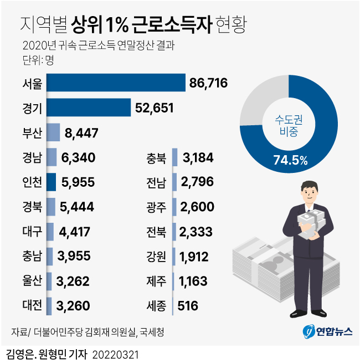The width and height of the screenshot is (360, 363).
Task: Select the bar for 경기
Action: (89, 108)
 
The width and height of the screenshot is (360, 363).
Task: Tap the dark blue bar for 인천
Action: (51, 182)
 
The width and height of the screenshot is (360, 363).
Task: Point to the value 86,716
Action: (208, 84)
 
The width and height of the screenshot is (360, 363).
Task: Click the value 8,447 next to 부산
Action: (82, 133)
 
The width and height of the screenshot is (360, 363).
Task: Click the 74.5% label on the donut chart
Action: (290, 161)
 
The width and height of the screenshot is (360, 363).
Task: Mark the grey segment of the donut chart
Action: (260, 100)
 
